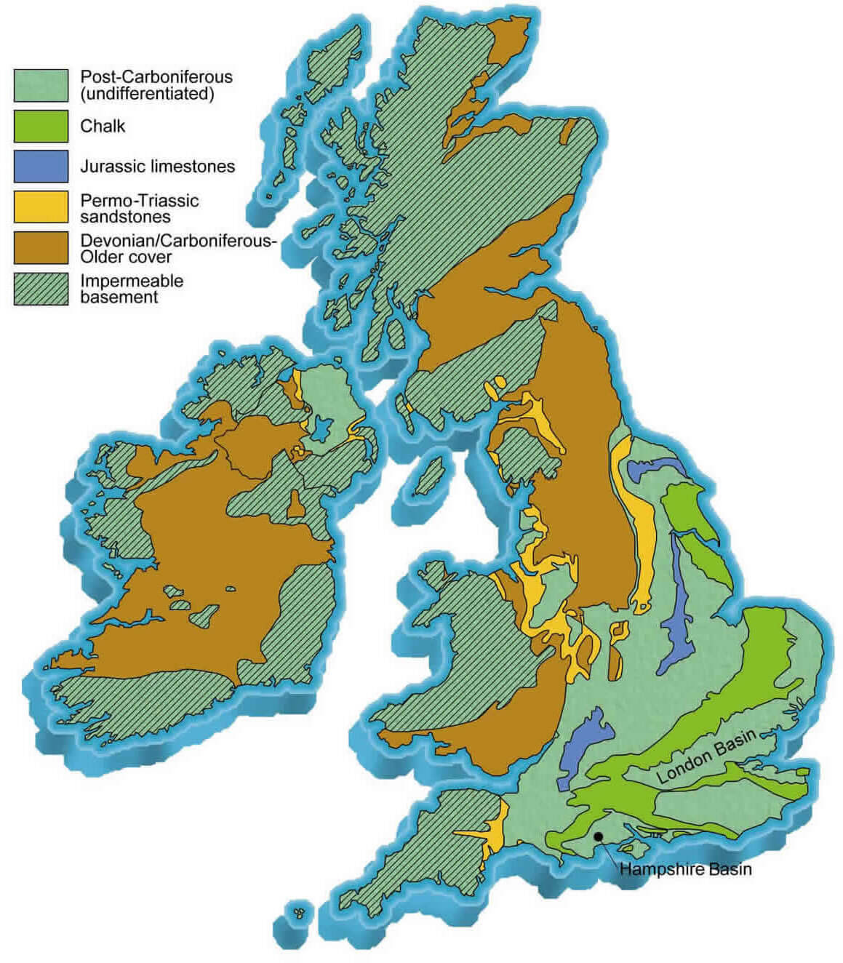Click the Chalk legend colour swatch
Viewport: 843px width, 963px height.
pos(41,126)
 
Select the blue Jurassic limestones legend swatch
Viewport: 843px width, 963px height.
pos(41,166)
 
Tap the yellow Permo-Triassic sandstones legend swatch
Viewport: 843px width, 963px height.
pos(41,207)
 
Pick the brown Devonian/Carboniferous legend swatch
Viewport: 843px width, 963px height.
pos(41,248)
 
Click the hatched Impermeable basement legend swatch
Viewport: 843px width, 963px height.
pos(41,289)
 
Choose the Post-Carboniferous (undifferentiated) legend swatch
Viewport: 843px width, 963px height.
pos(41,85)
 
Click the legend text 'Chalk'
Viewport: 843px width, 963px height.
pos(103,126)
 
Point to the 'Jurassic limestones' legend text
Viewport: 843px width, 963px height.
pos(157,167)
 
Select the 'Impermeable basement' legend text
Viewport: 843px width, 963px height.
pos(131,289)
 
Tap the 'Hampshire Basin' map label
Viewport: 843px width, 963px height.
pos(685,869)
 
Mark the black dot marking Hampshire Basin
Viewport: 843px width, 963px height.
pos(598,836)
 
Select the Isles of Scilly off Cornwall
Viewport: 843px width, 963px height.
pos(298,910)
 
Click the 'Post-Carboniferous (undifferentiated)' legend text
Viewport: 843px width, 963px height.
pos(156,85)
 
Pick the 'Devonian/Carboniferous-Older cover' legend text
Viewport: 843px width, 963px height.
pos(177,249)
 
